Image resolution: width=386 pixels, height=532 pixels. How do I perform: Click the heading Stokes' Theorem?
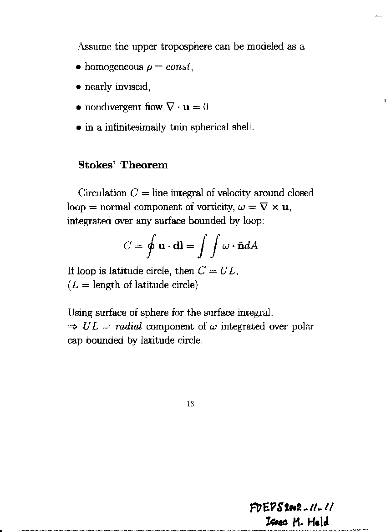(x=123, y=165)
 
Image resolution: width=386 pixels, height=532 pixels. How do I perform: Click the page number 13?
(x=190, y=404)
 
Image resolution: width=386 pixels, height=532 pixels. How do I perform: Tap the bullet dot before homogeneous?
(x=79, y=67)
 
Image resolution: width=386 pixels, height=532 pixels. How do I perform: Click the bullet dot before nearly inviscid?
(x=79, y=87)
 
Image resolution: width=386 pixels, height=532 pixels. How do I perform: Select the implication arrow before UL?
(x=73, y=327)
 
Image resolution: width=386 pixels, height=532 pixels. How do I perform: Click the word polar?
(x=302, y=327)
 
